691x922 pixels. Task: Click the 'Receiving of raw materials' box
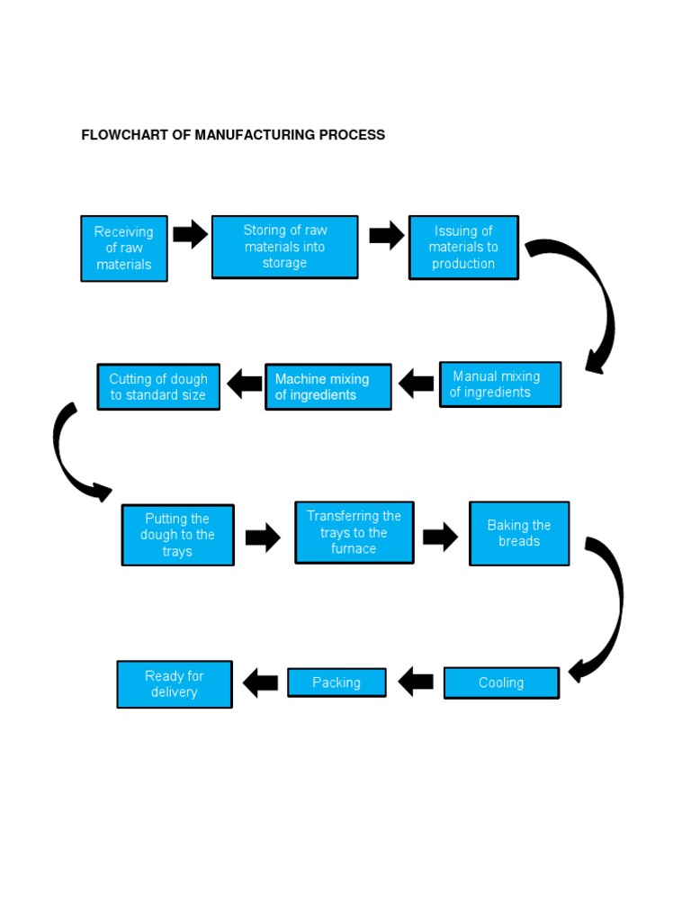[124, 249]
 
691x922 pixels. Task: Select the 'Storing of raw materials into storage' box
[284, 247]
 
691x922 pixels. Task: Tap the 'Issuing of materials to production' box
[463, 248]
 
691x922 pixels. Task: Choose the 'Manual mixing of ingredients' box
[499, 384]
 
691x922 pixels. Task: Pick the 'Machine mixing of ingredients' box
[328, 387]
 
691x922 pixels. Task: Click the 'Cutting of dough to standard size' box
[158, 387]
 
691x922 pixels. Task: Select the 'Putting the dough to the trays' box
[177, 535]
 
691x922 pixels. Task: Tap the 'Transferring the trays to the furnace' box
[354, 532]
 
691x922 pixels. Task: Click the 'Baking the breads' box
[519, 533]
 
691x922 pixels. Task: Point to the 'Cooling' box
[501, 683]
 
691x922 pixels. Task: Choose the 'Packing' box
[337, 682]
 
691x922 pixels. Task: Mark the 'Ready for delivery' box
[175, 684]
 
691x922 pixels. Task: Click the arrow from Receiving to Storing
[190, 235]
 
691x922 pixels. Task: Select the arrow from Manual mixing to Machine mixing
[416, 384]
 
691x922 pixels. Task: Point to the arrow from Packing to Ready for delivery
[261, 682]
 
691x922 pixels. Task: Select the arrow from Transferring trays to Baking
[440, 538]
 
